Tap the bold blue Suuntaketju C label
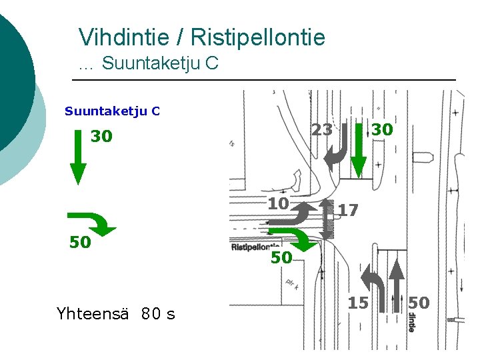(112, 111)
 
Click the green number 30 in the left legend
(101, 137)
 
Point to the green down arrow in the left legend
(79, 157)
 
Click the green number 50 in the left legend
(80, 242)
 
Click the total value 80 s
(158, 313)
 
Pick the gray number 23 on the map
(322, 130)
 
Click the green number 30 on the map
(382, 129)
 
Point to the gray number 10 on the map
(278, 203)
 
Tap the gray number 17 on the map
(348, 211)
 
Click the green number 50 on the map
(281, 257)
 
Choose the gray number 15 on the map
(358, 303)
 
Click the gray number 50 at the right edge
(419, 303)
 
